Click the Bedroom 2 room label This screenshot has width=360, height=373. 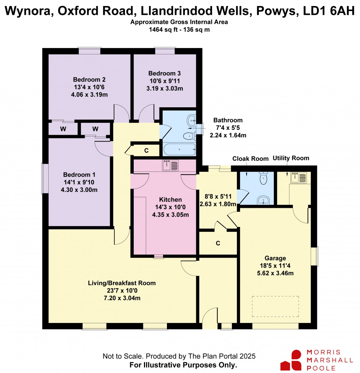[89, 79]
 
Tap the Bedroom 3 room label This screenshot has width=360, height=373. [164, 73]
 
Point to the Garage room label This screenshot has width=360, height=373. [275, 258]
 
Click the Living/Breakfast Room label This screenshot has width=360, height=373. [121, 283]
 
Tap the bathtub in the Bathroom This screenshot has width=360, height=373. [179, 149]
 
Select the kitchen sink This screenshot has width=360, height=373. [171, 165]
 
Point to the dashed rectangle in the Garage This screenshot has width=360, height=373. [275, 306]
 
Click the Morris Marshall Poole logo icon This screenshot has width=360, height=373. [291, 360]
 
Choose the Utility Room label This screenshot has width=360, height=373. [291, 158]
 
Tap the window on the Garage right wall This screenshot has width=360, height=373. [317, 256]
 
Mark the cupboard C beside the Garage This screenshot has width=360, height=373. [218, 243]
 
